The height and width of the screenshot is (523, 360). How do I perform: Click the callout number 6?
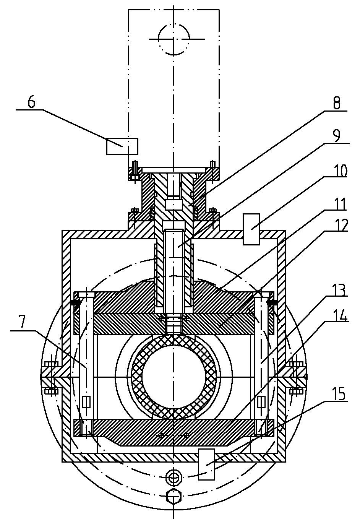[x=31, y=102]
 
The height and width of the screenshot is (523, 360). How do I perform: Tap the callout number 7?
[x=22, y=323]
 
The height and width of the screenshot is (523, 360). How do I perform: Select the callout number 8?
[x=336, y=103]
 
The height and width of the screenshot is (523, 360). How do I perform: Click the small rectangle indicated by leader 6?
[x=122, y=146]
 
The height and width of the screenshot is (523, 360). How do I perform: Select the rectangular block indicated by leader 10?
[x=251, y=229]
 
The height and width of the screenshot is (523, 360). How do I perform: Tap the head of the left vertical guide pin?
[x=86, y=295]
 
